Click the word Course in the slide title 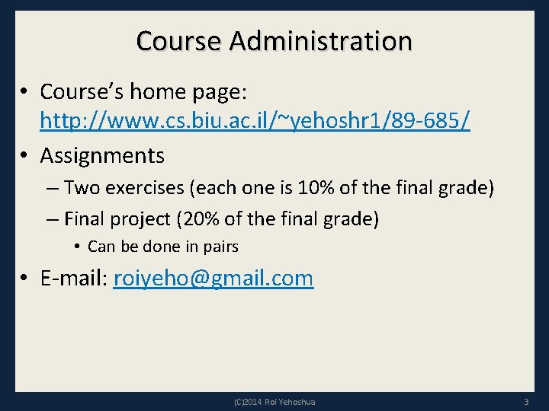coord(180,40)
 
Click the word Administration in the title coord(320,40)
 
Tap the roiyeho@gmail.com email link coord(213,278)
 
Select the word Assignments coord(102,155)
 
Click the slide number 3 coord(526,401)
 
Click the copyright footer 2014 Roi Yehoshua coord(274,401)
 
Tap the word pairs coord(222,247)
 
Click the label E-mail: coord(74,278)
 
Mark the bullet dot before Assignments coord(25,155)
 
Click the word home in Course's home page coord(147,91)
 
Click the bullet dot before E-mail coord(25,278)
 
